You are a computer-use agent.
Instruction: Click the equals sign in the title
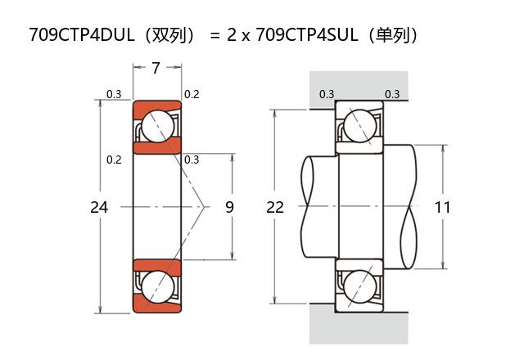215,35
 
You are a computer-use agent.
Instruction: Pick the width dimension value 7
156,68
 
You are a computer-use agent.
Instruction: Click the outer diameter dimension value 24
99,207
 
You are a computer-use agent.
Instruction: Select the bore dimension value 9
229,207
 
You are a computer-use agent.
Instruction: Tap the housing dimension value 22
275,207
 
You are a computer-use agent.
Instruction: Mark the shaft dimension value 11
442,207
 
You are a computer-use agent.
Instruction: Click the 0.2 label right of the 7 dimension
192,94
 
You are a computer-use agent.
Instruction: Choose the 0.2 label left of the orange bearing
115,160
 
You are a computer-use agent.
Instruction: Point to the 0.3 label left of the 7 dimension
115,94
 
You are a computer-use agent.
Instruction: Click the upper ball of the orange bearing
156,128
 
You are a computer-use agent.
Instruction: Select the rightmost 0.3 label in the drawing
392,94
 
